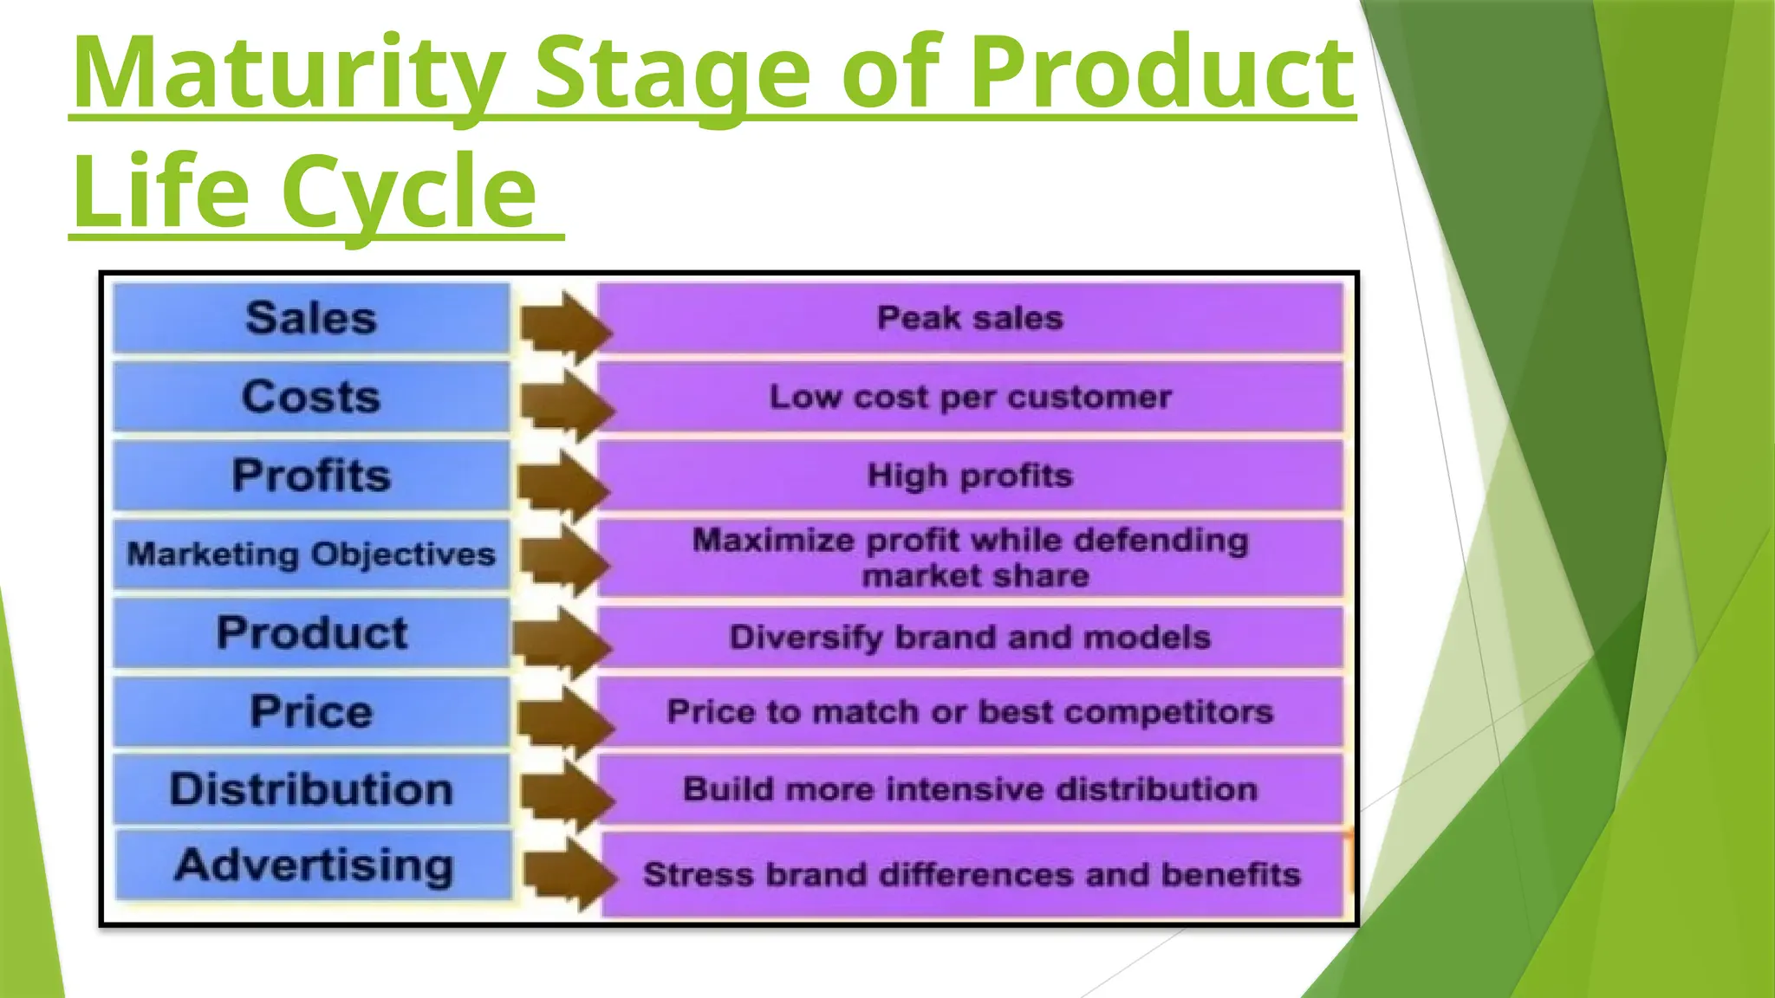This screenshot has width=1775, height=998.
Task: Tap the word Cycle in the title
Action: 408,191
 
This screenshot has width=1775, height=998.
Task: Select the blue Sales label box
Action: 311,318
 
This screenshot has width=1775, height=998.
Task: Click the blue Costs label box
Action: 311,397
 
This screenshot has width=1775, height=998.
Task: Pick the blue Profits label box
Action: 311,476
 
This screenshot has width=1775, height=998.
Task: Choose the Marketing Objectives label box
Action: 311,554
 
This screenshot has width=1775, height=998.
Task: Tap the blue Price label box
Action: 311,711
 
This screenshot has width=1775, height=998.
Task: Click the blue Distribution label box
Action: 311,789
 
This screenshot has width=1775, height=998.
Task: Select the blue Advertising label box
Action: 313,865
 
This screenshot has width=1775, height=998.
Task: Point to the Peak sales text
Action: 970,318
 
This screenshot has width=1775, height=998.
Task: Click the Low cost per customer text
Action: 970,397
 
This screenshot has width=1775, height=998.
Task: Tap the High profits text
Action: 970,476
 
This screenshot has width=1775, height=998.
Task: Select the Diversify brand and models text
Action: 970,638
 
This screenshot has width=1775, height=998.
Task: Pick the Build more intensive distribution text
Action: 970,789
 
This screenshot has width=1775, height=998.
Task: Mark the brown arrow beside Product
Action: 563,642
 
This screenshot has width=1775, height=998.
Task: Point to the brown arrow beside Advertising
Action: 570,874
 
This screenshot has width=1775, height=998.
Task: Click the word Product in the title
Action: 1161,74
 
